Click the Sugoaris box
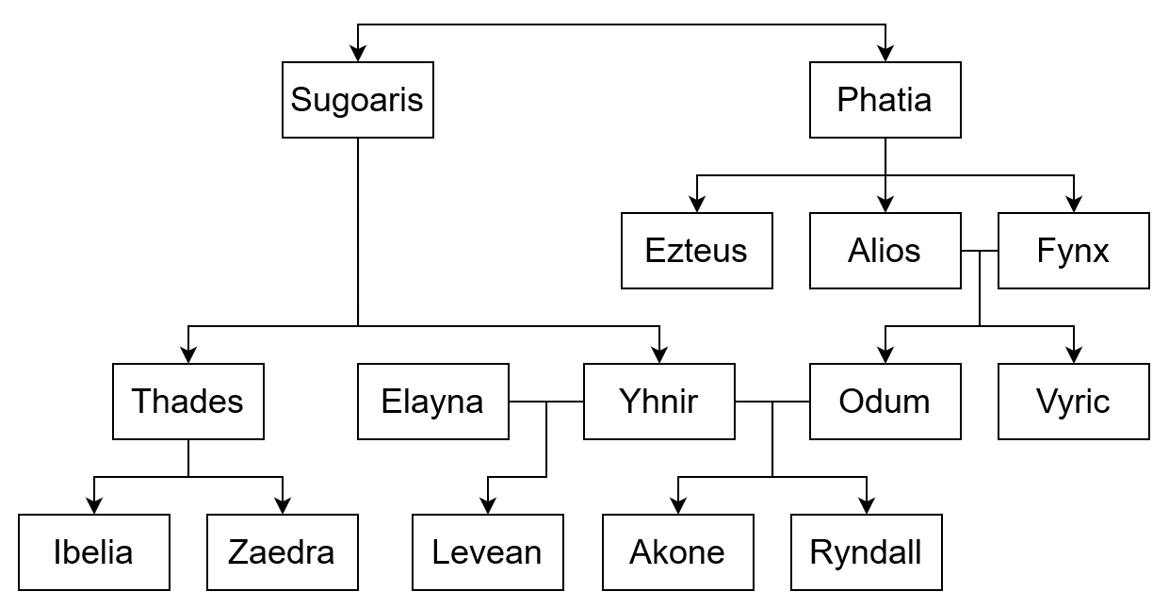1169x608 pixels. tap(358, 100)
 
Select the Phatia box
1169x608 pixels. tap(885, 100)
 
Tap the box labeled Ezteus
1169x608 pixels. tap(697, 251)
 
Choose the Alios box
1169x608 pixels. tap(885, 251)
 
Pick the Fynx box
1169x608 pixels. tap(1074, 251)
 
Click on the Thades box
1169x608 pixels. tap(188, 402)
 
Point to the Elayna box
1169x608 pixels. tap(433, 402)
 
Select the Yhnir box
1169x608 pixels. tap(659, 402)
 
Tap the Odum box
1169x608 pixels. tap(885, 402)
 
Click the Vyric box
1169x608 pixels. tap(1074, 402)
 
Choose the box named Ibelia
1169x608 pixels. tap(94, 552)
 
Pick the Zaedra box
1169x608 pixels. tap(283, 552)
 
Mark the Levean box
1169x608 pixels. tap(488, 552)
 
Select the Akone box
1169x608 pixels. tap(678, 552)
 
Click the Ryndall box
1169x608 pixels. tap(867, 552)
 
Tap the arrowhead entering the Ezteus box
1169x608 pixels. tap(697, 205)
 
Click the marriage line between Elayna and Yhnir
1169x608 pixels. tap(546, 402)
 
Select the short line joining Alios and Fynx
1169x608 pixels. tap(980, 251)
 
